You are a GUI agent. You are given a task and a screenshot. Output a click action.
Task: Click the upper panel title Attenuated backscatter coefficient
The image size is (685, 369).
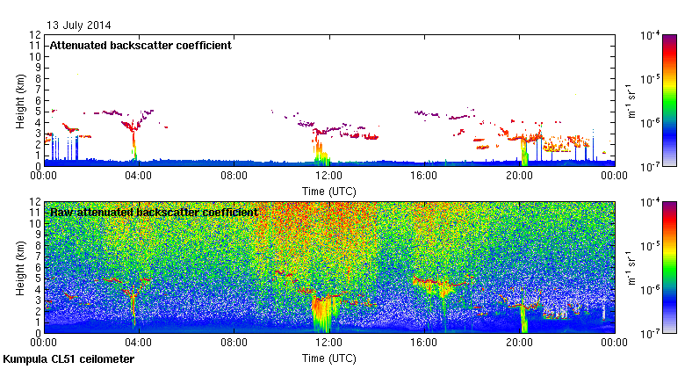[140, 45]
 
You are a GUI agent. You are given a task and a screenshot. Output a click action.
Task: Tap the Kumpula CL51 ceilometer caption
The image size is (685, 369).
[68, 359]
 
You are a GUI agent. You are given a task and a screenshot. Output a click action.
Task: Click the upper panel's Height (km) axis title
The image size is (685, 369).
[20, 99]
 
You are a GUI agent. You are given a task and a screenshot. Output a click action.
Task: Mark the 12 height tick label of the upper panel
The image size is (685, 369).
[36, 35]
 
